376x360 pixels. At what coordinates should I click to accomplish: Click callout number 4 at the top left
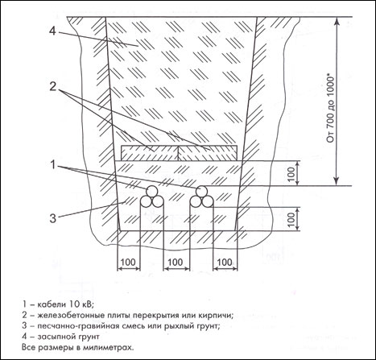pyautogui.click(x=52, y=31)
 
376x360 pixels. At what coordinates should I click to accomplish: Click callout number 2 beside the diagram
pyautogui.click(x=53, y=86)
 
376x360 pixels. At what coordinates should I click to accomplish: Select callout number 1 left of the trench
pyautogui.click(x=53, y=165)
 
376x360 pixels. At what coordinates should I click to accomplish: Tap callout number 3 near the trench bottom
pyautogui.click(x=53, y=218)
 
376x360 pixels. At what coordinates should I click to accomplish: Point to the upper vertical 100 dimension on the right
pyautogui.click(x=292, y=173)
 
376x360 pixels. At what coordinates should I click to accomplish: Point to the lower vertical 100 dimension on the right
pyautogui.click(x=292, y=218)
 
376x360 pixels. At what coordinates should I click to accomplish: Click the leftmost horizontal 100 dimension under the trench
pyautogui.click(x=128, y=262)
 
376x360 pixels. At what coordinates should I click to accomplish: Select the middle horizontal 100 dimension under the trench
pyautogui.click(x=176, y=262)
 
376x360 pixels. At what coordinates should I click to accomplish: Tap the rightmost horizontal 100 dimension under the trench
pyautogui.click(x=225, y=262)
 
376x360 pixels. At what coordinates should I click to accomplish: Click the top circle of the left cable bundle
pyautogui.click(x=152, y=191)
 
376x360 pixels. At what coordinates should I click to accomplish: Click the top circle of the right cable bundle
pyautogui.click(x=201, y=191)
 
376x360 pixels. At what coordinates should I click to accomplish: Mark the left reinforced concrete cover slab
pyautogui.click(x=150, y=153)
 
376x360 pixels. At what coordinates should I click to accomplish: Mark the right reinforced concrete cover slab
pyautogui.click(x=208, y=153)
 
